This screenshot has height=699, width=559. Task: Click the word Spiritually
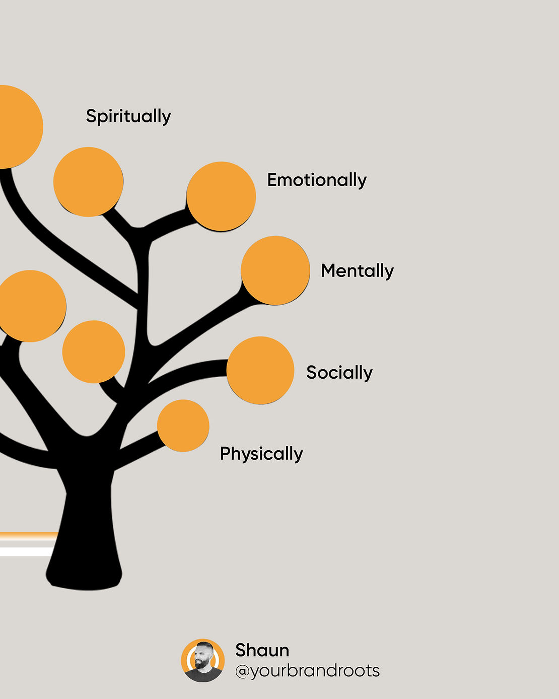128,116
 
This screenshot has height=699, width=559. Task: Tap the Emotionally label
317,180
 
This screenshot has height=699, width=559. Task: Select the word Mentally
357,270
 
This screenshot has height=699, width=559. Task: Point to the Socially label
339,372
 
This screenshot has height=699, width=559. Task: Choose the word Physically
261,453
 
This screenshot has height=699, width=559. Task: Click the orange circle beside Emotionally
221,196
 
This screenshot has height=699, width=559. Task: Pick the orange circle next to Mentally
275,270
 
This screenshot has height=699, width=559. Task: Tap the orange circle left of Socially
260,370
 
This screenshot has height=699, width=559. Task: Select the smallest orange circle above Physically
183,426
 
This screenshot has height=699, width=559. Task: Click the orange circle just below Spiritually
88,182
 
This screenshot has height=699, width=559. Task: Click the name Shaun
262,650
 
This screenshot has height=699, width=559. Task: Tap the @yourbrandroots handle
307,671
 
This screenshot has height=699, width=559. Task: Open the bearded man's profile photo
203,661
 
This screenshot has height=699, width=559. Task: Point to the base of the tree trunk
84,574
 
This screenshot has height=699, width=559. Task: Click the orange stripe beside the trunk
28,535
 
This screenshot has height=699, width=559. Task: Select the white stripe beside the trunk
25,551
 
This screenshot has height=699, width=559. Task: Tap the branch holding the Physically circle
138,451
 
